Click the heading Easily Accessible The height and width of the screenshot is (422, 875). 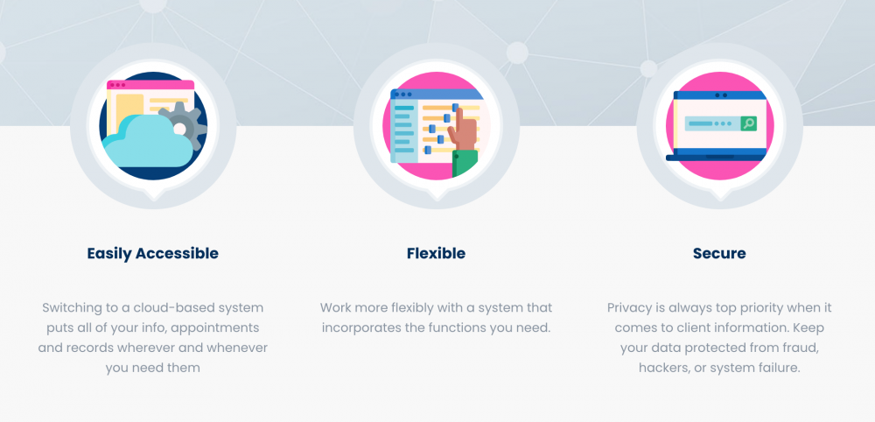coord(152,253)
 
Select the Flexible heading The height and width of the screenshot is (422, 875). coord(436,253)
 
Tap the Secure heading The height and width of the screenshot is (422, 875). coord(719,253)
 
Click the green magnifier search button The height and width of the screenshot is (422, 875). coord(748,123)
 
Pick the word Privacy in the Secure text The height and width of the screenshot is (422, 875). coord(627,308)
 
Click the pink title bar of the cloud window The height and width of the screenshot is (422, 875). coord(150,85)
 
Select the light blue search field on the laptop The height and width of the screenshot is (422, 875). coord(712,123)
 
